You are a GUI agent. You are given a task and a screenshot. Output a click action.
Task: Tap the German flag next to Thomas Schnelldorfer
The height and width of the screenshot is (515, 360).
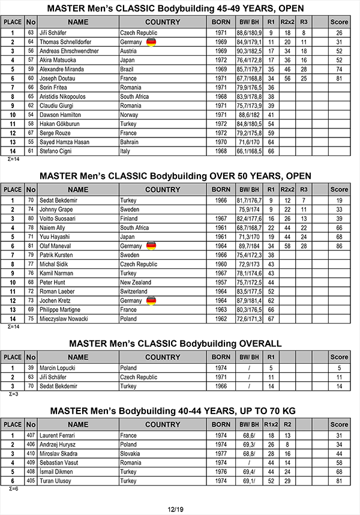[151, 42]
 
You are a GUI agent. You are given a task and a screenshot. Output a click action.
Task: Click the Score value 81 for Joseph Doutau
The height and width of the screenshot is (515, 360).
[339, 78]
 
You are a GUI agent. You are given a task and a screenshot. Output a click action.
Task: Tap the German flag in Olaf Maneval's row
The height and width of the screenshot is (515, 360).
[151, 246]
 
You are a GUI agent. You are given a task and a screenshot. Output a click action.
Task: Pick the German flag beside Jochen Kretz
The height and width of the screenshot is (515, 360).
[151, 301]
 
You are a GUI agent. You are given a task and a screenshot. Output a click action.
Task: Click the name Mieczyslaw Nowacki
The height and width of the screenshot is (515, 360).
[64, 319]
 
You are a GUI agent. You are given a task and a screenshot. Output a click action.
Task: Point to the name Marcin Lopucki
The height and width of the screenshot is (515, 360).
[58, 368]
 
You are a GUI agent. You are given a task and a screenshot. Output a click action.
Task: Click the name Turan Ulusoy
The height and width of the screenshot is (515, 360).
[56, 481]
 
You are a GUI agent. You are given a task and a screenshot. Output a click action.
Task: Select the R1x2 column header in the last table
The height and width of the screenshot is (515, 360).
[271, 424]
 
